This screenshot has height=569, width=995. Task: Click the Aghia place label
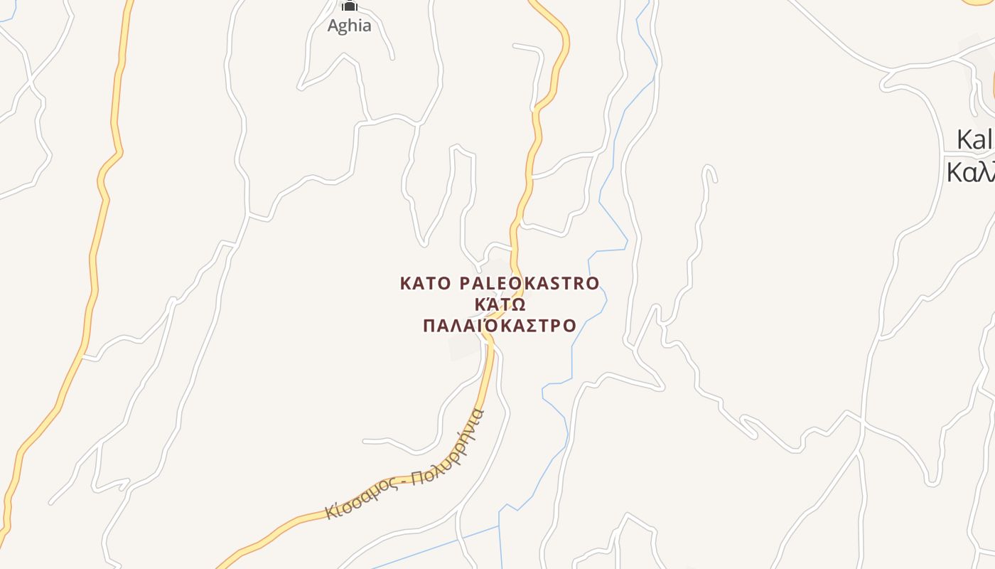pyautogui.click(x=349, y=26)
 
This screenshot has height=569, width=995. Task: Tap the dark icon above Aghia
pyautogui.click(x=349, y=6)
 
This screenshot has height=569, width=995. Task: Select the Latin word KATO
pyautogui.click(x=425, y=284)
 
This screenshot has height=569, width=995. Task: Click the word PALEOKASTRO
pyautogui.click(x=529, y=284)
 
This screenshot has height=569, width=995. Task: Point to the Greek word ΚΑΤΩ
pyautogui.click(x=500, y=305)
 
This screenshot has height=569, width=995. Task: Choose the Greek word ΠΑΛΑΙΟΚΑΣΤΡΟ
pyautogui.click(x=500, y=326)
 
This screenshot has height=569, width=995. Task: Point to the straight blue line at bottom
pyautogui.click(x=434, y=548)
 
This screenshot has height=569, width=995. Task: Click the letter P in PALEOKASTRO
pyautogui.click(x=466, y=284)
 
